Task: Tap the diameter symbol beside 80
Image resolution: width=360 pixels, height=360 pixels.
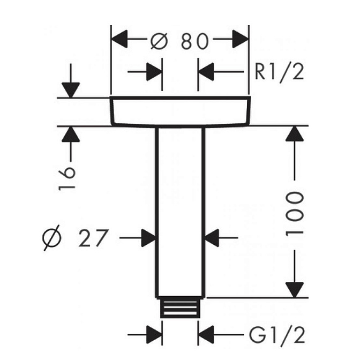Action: [159, 40]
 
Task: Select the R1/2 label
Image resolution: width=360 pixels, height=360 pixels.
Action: [279, 71]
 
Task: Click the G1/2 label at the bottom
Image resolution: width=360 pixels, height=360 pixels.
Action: [277, 335]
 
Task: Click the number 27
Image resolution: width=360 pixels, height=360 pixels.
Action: [94, 237]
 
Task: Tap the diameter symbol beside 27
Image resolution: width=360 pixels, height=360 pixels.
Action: [54, 237]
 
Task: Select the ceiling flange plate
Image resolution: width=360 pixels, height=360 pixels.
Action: [180, 111]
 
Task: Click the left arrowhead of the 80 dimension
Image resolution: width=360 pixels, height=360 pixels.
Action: [118, 40]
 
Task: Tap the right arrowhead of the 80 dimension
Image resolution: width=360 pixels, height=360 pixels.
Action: [241, 40]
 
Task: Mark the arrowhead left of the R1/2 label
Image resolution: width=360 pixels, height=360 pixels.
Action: [206, 71]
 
